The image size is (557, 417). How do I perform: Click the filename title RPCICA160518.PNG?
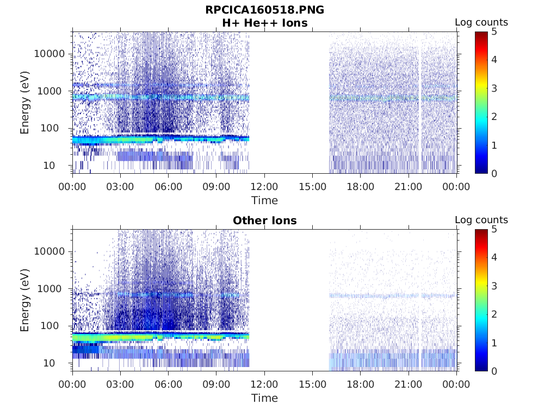264,10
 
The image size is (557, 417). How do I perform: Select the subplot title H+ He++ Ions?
264,23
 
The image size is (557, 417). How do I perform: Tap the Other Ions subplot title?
264,221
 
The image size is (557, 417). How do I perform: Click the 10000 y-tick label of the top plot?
49,54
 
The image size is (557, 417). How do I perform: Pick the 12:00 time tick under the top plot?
264,187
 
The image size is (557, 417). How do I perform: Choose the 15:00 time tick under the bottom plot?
312,384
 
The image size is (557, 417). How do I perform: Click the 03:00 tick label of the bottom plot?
120,384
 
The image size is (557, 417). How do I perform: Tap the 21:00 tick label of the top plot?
408,187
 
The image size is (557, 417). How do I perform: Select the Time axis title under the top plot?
264,200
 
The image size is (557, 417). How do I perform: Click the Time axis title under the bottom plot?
264,398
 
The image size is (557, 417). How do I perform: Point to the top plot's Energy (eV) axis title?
25,102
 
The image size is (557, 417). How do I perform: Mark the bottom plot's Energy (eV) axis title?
25,300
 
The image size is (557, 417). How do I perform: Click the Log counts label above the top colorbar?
481,23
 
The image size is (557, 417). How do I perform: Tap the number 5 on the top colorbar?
495,32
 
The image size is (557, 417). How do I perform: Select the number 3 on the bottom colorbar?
495,286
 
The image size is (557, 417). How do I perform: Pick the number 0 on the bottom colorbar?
495,371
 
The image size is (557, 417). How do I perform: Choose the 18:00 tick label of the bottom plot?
360,384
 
